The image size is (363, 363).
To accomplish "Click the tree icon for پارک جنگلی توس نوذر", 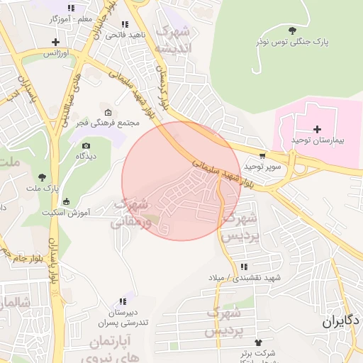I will (293, 30).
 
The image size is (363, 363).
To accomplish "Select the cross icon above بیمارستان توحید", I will (317, 129).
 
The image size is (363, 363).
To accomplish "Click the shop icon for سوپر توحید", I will (263, 155).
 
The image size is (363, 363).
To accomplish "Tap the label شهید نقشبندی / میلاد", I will (244, 277).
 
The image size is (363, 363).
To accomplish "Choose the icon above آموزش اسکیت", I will (67, 201).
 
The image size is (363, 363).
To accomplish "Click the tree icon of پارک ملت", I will (43, 177).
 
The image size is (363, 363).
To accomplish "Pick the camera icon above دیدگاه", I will (86, 145).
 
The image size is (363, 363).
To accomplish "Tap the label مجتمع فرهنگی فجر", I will (108, 123).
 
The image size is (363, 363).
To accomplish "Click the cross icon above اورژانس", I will (55, 42).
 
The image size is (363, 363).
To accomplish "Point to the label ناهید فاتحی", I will (128, 33).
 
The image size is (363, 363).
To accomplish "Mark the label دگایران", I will (341, 321).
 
